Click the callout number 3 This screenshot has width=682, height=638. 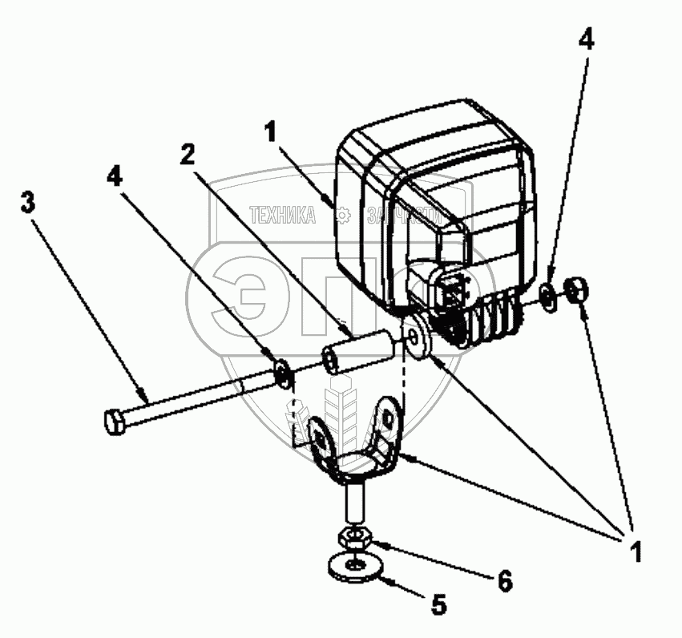pyautogui.click(x=28, y=202)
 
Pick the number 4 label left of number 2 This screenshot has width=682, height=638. pyautogui.click(x=117, y=176)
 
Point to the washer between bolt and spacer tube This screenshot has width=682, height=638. pyautogui.click(x=281, y=373)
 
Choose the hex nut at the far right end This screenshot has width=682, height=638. pyautogui.click(x=577, y=289)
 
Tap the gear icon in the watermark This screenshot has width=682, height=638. pyautogui.click(x=342, y=215)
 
